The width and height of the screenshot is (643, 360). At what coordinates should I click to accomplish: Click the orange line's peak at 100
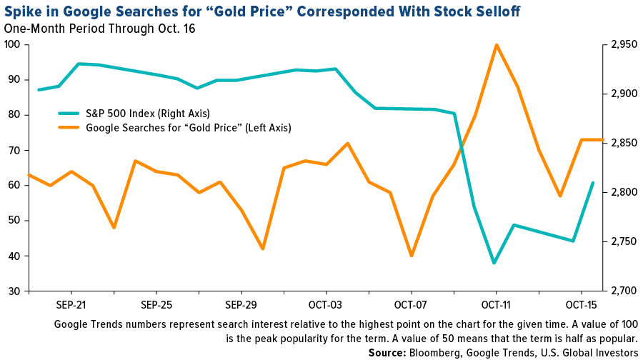click(x=496, y=45)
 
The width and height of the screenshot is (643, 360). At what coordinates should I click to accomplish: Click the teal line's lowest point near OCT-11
click(x=494, y=263)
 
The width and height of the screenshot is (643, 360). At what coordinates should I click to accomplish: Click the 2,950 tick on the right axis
click(x=619, y=45)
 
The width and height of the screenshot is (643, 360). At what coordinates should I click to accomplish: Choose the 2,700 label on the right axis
click(x=619, y=291)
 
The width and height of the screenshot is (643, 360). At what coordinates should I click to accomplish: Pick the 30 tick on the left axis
click(x=14, y=291)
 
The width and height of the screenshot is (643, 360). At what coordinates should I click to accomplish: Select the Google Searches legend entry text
click(x=188, y=128)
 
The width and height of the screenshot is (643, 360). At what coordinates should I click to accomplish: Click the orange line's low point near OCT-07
click(x=412, y=256)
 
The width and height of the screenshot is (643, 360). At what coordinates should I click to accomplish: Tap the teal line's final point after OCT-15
click(x=593, y=183)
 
